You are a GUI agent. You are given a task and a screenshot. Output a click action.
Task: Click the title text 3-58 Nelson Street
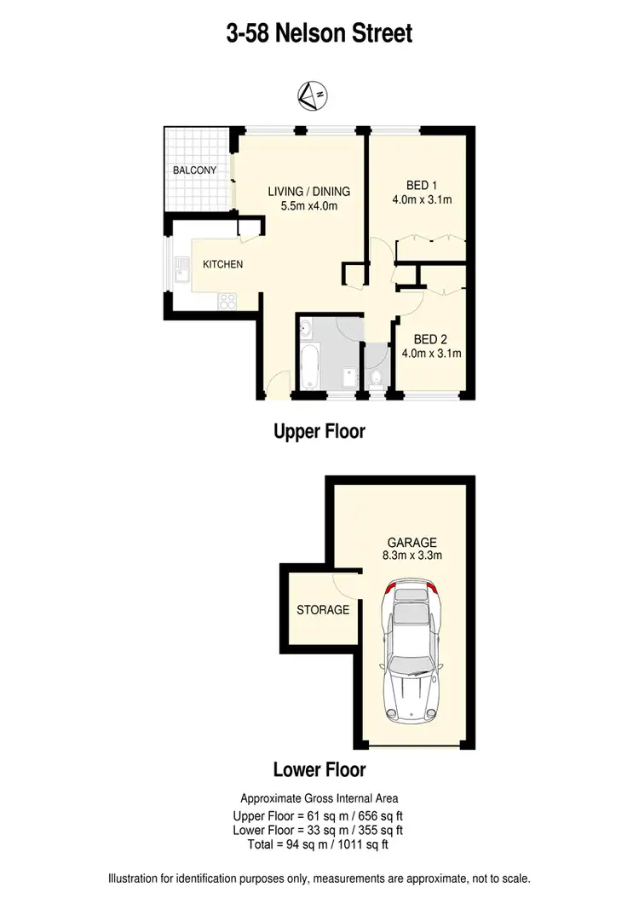point(319,33)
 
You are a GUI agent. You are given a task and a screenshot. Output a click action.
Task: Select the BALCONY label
point(194,170)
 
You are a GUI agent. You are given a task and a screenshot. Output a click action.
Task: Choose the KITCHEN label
point(222,264)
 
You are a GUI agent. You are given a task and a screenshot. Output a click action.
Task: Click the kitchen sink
point(181,272)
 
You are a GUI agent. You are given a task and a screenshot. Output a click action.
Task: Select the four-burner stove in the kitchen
point(228,300)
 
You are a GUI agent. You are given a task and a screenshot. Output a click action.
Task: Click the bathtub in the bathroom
point(308,365)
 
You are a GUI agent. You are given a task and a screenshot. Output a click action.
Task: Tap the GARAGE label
point(412,542)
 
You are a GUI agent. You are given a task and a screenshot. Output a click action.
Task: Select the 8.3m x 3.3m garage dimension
point(412,556)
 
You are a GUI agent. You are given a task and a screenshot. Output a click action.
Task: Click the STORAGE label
point(323,610)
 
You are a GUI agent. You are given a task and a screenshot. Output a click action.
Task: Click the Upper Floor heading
point(319,431)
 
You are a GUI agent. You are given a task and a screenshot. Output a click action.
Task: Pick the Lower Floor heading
point(319,769)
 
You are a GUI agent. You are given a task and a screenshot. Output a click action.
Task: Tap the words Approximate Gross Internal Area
point(319,798)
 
